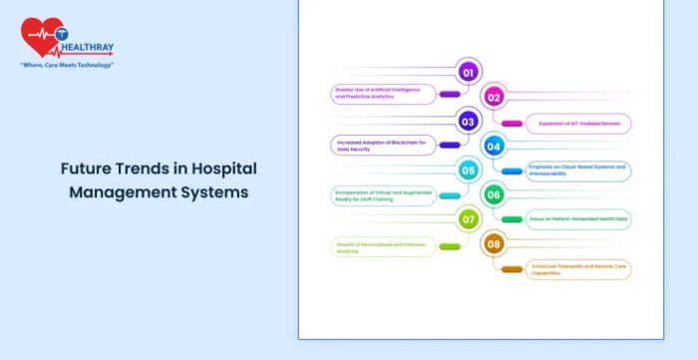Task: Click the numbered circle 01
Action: point(468,71)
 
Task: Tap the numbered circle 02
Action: point(493,97)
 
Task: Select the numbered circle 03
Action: point(468,122)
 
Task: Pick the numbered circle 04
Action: point(493,146)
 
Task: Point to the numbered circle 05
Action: point(468,170)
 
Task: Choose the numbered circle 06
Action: point(493,193)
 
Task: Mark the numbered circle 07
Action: point(468,218)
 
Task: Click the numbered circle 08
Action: point(493,242)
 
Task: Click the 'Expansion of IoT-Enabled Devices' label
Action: point(579,124)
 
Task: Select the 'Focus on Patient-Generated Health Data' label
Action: point(579,218)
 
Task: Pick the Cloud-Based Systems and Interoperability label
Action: point(579,171)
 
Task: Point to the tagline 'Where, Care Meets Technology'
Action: point(67,65)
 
